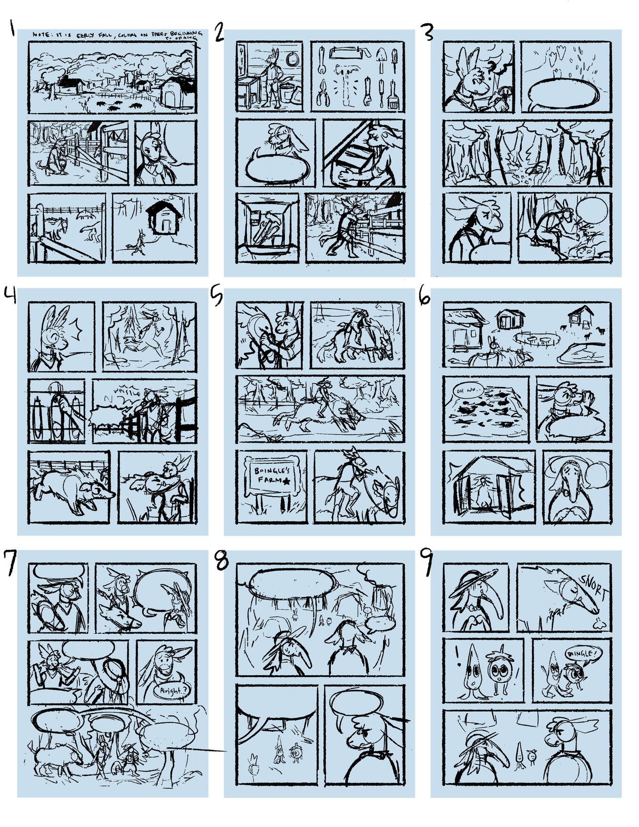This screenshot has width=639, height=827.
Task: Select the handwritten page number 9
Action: [426, 563]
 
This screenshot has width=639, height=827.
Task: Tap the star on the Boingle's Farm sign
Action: [286, 482]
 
